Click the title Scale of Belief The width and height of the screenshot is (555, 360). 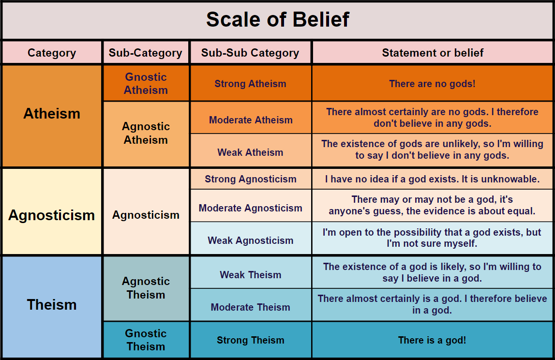(277, 20)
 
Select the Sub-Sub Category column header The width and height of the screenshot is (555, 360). (250, 53)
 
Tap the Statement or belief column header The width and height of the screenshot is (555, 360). (433, 53)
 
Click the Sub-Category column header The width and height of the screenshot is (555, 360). (146, 53)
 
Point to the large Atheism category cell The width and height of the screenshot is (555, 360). (52, 114)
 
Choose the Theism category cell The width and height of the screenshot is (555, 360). (52, 305)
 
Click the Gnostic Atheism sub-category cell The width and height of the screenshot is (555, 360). (146, 83)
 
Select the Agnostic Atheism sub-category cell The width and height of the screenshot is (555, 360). (146, 133)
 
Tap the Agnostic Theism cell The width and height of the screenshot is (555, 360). (146, 288)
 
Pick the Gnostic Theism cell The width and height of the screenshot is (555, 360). (146, 340)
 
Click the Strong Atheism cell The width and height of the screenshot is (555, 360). (250, 84)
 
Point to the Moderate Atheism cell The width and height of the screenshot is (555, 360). (250, 120)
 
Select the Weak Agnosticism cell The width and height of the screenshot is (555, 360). (250, 240)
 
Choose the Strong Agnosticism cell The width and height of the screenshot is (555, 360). (250, 179)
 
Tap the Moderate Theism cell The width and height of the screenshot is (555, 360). (250, 307)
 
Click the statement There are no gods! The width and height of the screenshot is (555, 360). (432, 84)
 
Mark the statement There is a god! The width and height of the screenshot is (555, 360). (432, 340)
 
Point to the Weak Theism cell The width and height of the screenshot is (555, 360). (250, 275)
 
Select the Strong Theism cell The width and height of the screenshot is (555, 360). (250, 340)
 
